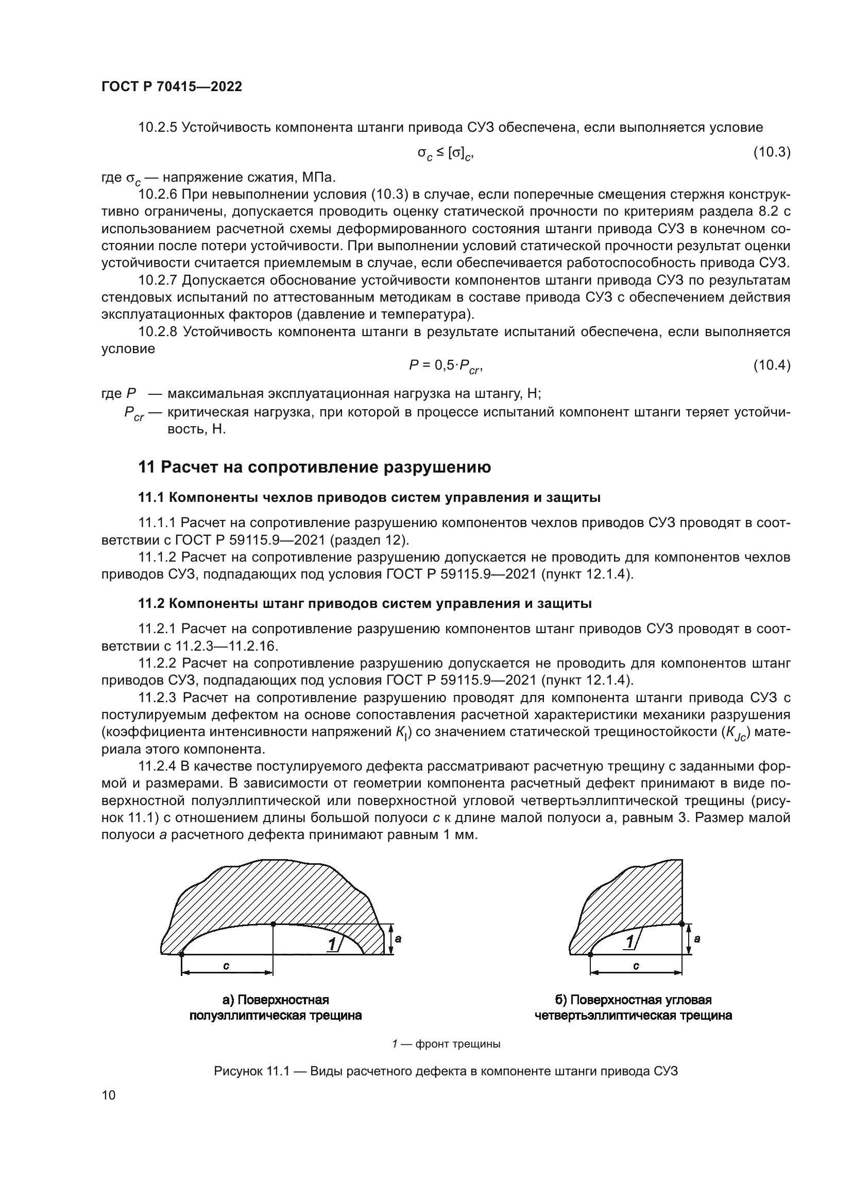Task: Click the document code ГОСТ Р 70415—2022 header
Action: [172, 87]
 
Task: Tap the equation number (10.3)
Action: [772, 152]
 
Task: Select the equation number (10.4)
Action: [772, 365]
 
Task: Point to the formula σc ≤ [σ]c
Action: [445, 153]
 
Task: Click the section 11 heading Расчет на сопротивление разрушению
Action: [314, 467]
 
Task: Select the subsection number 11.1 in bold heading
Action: [151, 498]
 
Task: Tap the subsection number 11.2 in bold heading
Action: [151, 604]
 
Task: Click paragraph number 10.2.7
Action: [158, 281]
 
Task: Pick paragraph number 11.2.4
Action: [158, 766]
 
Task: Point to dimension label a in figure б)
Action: [697, 939]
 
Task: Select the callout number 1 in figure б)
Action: [629, 943]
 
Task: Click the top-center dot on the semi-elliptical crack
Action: [273, 924]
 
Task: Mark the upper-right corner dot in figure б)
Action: [681, 923]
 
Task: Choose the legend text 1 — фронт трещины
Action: [446, 1044]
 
